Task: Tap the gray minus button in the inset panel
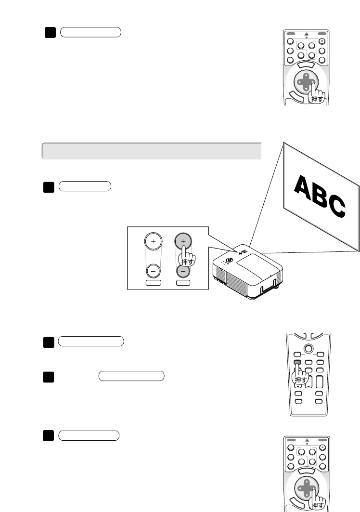coord(182,271)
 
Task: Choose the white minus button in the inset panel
coord(153,271)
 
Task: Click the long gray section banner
coord(152,151)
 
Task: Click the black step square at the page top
coord(49,32)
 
